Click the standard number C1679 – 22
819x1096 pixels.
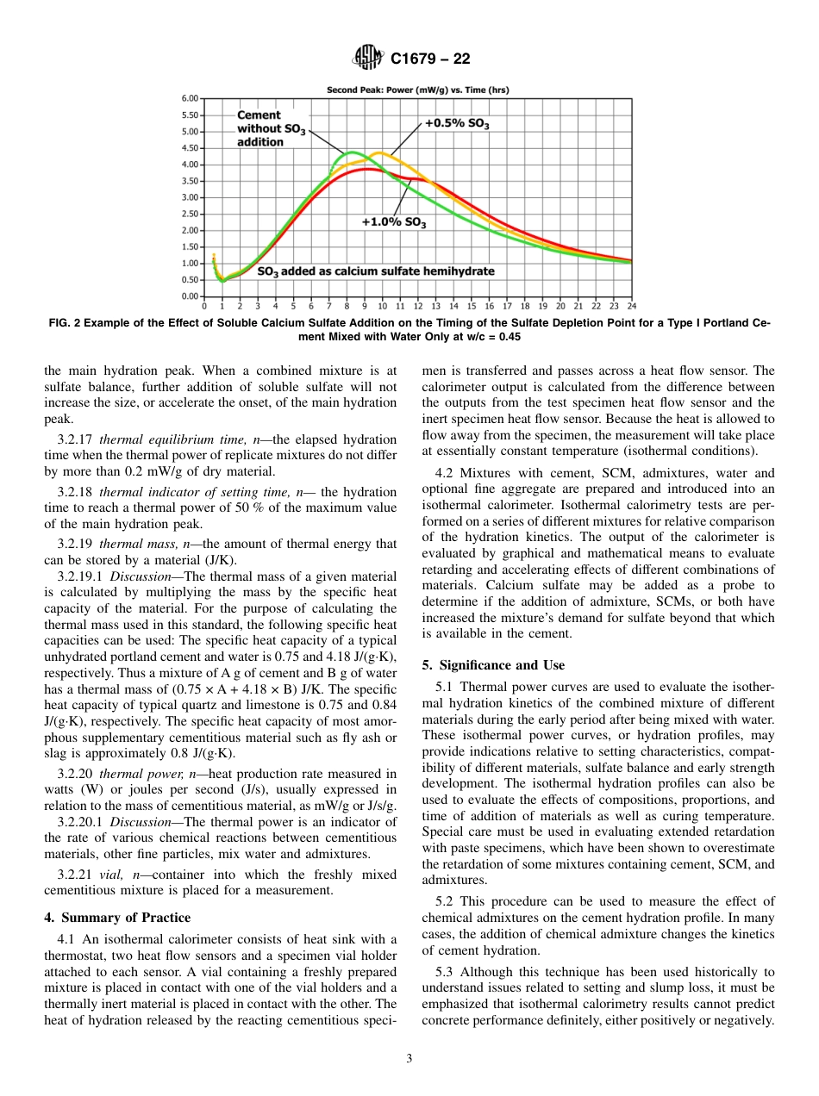[430, 59]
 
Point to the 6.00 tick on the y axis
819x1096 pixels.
[189, 98]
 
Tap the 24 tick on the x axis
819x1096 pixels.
[631, 306]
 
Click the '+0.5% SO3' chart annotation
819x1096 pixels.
[457, 124]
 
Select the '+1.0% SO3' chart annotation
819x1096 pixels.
[394, 222]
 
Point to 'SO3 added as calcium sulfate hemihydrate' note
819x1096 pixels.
[377, 271]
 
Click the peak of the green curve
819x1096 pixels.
[352, 152]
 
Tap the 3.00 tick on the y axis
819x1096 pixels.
[189, 197]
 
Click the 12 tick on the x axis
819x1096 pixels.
[418, 306]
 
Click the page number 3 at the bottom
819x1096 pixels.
[409, 1058]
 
